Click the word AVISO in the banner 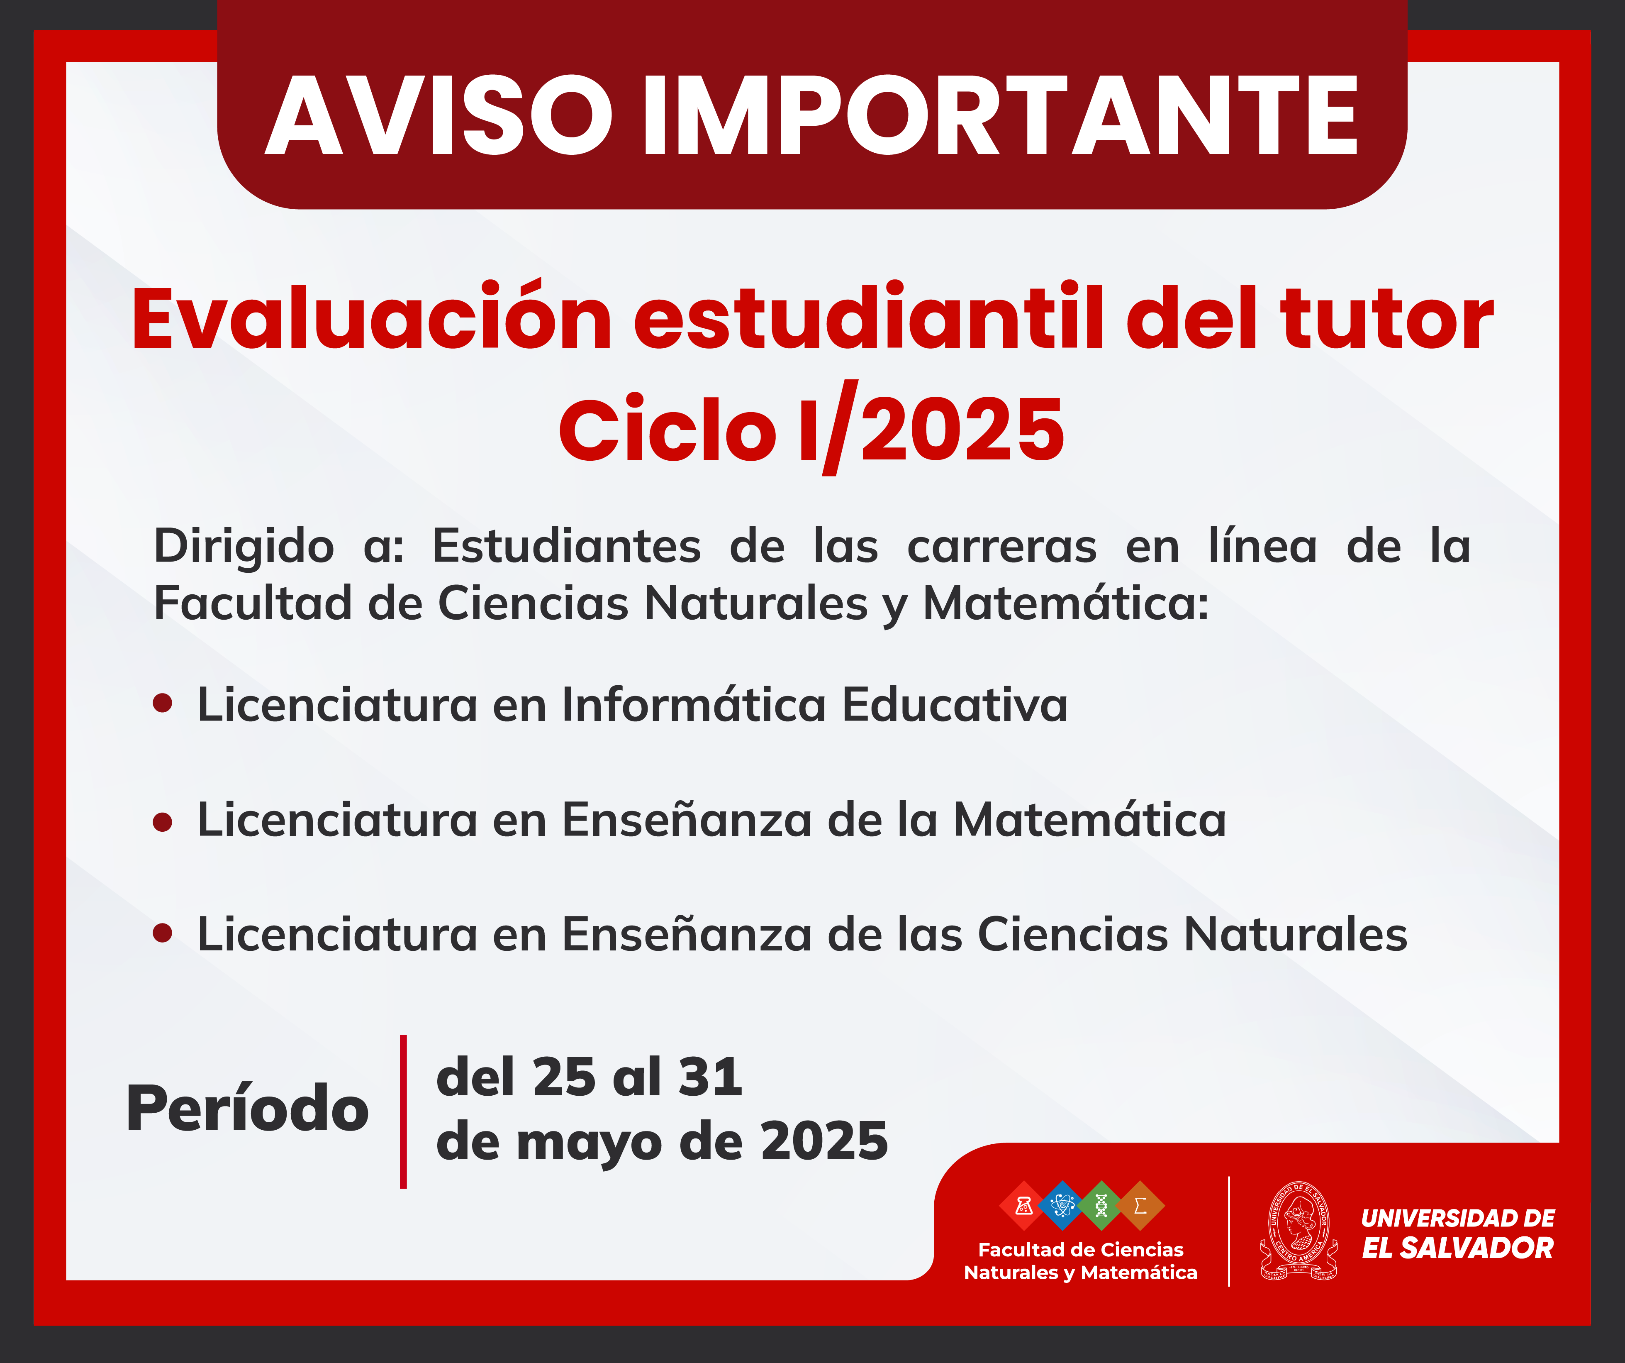point(439,116)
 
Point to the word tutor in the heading point(1387,319)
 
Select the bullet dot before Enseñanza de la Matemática point(163,821)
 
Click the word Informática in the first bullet point(694,704)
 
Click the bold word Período point(248,1108)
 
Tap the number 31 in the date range point(709,1077)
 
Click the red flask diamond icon point(1024,1205)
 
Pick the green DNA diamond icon point(1101,1205)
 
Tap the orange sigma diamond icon point(1140,1205)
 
